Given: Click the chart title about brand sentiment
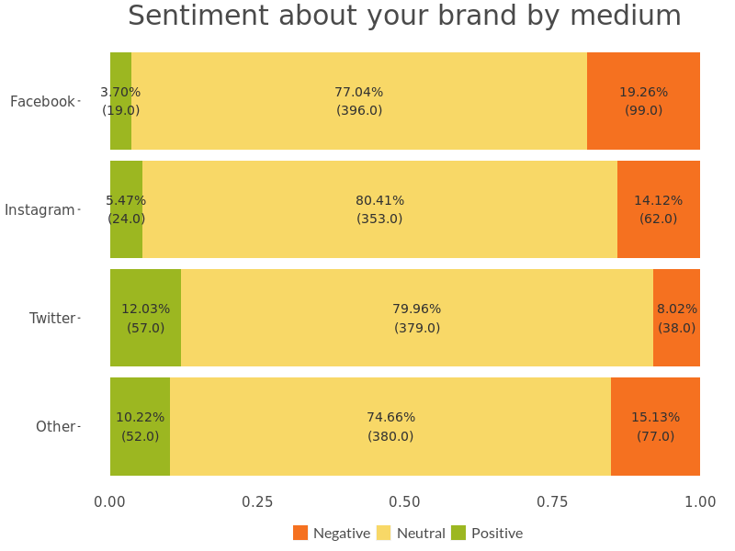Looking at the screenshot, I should (404, 17).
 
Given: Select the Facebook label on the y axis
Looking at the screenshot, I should (42, 101).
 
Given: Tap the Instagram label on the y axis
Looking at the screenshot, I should (40, 209).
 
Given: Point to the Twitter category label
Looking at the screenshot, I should (52, 318).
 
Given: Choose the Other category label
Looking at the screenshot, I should (55, 426).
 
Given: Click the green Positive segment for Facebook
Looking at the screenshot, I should (120, 129).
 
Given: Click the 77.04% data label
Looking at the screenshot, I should (358, 92).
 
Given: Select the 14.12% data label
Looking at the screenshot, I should (658, 200).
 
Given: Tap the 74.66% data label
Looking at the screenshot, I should (390, 417).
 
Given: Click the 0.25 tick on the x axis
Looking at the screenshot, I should (257, 501).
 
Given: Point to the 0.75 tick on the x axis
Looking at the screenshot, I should (552, 501).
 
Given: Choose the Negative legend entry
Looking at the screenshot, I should (333, 533).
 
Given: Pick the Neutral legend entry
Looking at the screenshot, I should (412, 533).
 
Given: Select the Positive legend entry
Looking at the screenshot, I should (488, 533).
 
